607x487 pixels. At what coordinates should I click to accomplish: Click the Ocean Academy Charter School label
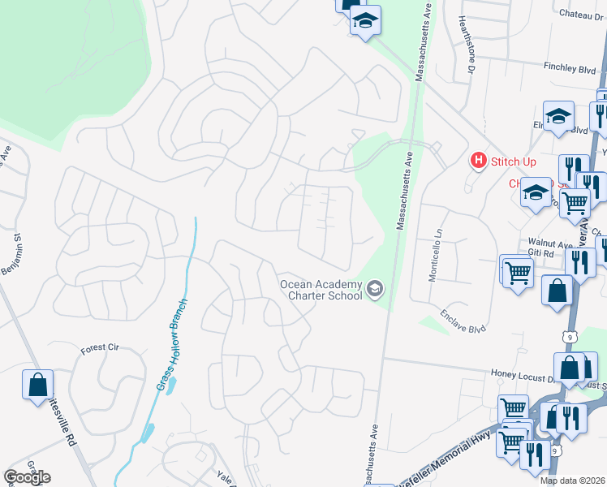click(x=321, y=290)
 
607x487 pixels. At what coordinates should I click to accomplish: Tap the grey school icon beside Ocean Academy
click(x=375, y=288)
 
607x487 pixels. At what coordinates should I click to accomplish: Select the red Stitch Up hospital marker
click(x=479, y=161)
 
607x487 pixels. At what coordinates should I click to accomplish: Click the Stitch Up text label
click(x=514, y=162)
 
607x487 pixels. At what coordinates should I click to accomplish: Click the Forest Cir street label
click(x=100, y=349)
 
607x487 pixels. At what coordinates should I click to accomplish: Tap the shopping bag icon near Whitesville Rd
click(x=38, y=386)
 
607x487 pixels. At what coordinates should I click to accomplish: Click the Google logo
click(x=27, y=477)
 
